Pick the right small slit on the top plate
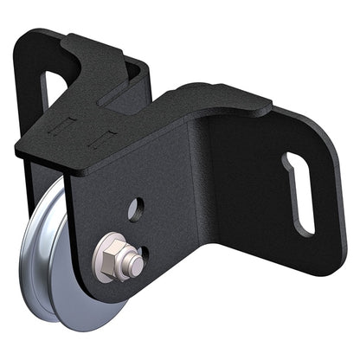tap(109, 135)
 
